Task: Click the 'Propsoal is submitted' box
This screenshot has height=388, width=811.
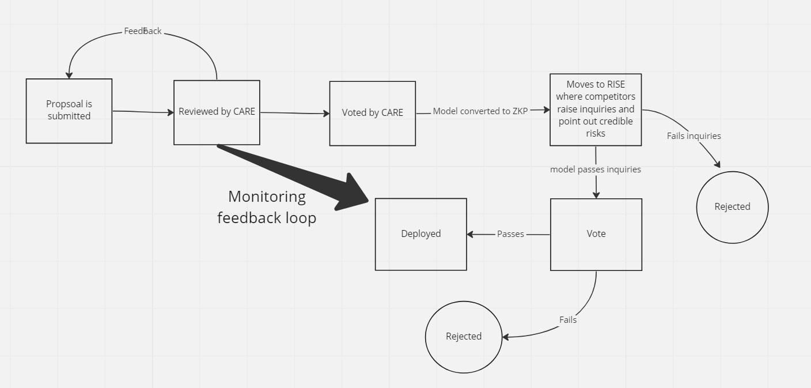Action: pyautogui.click(x=69, y=111)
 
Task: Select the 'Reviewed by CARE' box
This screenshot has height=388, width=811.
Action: pyautogui.click(x=217, y=112)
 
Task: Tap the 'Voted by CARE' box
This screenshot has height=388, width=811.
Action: pyautogui.click(x=372, y=113)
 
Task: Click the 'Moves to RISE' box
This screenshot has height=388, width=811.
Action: pyautogui.click(x=596, y=109)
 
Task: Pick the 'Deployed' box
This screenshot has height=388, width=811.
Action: pyautogui.click(x=420, y=234)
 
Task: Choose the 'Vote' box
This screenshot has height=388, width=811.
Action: pyautogui.click(x=596, y=234)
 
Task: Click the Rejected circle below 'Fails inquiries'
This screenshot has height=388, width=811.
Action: pyautogui.click(x=732, y=207)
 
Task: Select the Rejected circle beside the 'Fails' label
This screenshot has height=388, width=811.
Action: pyautogui.click(x=463, y=337)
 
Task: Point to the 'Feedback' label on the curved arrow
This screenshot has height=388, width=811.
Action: pyautogui.click(x=143, y=31)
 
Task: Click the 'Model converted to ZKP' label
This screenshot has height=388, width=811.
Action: pyautogui.click(x=480, y=111)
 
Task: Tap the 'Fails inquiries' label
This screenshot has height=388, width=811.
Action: pyautogui.click(x=693, y=136)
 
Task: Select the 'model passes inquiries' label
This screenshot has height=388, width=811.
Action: pyautogui.click(x=595, y=169)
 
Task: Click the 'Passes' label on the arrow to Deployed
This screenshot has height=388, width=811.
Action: pyautogui.click(x=510, y=234)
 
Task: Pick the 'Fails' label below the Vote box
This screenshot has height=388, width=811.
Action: pyautogui.click(x=567, y=320)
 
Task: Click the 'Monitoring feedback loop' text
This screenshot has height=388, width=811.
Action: pyautogui.click(x=267, y=207)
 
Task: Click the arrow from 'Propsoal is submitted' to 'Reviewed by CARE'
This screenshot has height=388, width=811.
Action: pyautogui.click(x=143, y=112)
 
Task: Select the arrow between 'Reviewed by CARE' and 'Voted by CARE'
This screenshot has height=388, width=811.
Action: pyautogui.click(x=294, y=113)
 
